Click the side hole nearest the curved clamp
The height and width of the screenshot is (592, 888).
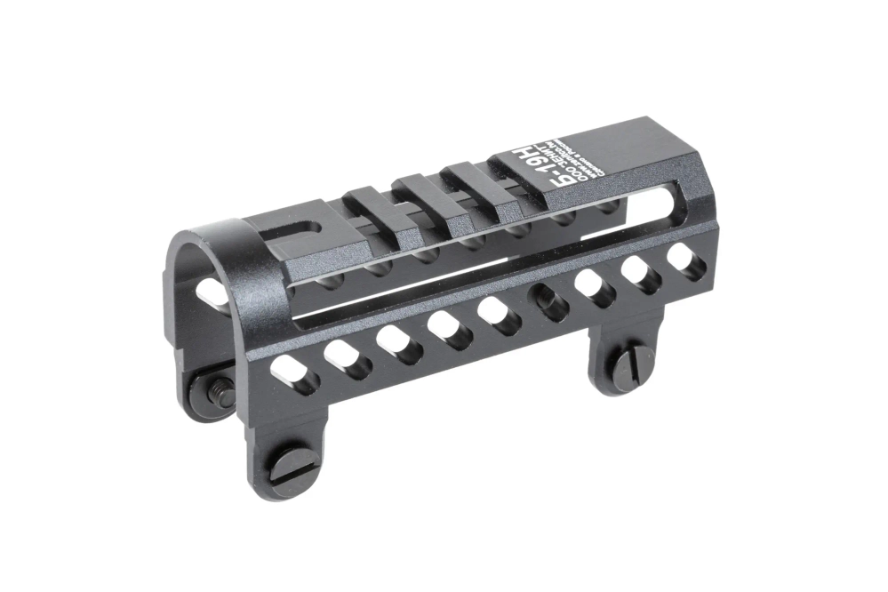pos(296,373)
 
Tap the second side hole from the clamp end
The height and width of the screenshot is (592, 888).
pos(345,357)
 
